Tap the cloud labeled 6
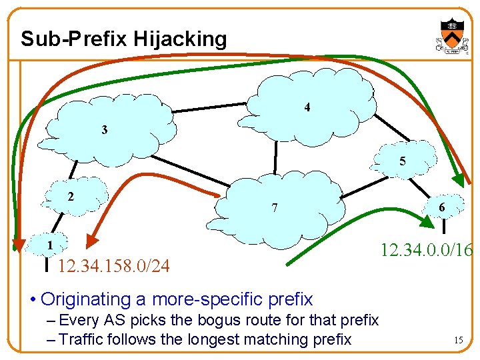[441, 207]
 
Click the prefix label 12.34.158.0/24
[113, 267]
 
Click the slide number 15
[458, 340]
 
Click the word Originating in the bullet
[94, 299]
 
